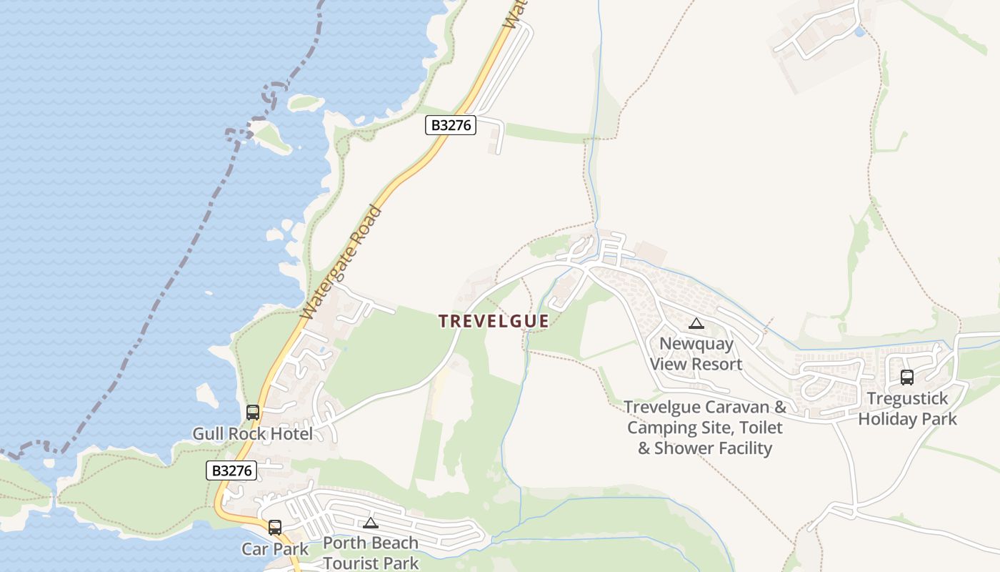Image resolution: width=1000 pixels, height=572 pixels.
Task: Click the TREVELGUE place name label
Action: pyautogui.click(x=494, y=321)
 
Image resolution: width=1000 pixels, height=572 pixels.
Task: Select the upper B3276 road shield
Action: pyautogui.click(x=451, y=125)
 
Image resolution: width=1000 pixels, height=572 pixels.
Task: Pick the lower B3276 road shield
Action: pyautogui.click(x=231, y=470)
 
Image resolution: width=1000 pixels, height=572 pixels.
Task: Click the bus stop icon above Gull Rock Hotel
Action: pyautogui.click(x=253, y=413)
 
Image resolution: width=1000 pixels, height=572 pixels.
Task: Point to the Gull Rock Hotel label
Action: pyautogui.click(x=252, y=434)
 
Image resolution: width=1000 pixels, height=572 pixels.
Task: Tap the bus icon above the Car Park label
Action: pyautogui.click(x=275, y=528)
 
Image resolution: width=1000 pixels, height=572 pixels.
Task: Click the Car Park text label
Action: pyautogui.click(x=275, y=549)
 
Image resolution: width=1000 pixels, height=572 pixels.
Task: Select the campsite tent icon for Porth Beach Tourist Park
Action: pyautogui.click(x=370, y=523)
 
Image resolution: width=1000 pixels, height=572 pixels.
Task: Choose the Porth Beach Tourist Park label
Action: pyautogui.click(x=370, y=553)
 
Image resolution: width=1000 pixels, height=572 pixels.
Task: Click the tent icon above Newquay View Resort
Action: pyautogui.click(x=696, y=324)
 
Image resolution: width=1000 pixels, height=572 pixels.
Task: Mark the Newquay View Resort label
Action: pyautogui.click(x=696, y=354)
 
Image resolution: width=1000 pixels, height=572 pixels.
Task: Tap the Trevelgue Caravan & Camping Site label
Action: pyautogui.click(x=705, y=428)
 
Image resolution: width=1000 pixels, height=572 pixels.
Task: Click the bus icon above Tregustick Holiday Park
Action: pyautogui.click(x=907, y=378)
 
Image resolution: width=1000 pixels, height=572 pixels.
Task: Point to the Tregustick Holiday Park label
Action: pyautogui.click(x=907, y=408)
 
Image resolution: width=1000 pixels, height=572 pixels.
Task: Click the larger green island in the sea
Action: pyautogui.click(x=270, y=136)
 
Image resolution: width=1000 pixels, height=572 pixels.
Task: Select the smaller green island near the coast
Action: pyautogui.click(x=306, y=102)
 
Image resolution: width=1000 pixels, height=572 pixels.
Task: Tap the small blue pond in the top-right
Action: pyautogui.click(x=859, y=32)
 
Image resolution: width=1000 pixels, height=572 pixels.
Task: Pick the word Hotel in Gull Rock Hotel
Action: pyautogui.click(x=290, y=434)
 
